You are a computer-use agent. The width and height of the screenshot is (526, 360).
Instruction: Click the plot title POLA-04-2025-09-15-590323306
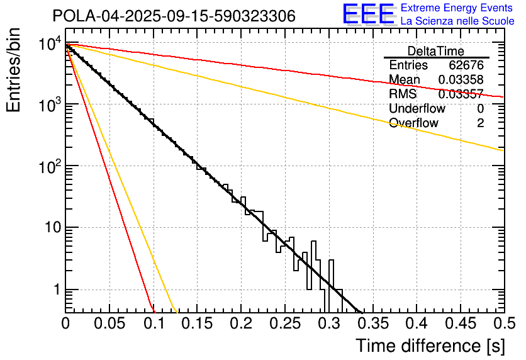174,16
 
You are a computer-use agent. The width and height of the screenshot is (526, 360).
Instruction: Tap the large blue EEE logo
368,14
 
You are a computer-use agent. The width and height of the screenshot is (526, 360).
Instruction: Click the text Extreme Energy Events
457,8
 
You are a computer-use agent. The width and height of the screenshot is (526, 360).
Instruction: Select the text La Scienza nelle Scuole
457,21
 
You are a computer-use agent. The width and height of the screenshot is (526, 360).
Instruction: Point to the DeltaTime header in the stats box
436,51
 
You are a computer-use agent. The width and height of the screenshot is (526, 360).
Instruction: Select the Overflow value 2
480,123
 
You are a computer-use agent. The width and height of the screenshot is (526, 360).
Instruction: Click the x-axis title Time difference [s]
430,346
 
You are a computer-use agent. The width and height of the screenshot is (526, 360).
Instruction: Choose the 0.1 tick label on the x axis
153,323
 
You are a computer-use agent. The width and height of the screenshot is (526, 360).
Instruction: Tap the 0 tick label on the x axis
65,323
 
